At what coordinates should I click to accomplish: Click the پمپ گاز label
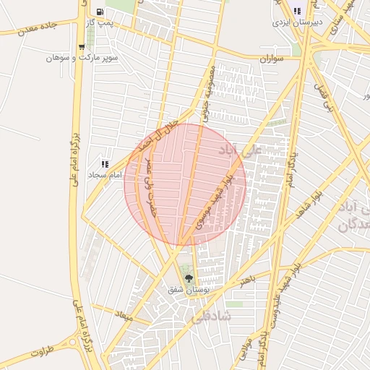[98, 24]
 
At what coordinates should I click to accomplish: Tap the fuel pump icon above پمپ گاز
[98, 12]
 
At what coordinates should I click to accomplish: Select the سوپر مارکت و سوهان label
[81, 57]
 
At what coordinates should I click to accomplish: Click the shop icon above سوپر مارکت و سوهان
[81, 46]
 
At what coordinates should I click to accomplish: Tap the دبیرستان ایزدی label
[296, 22]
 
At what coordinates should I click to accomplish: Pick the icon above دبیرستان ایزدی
[297, 11]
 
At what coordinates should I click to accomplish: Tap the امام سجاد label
[106, 175]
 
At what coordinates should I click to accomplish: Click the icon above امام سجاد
[106, 164]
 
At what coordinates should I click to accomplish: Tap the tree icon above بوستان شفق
[189, 278]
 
